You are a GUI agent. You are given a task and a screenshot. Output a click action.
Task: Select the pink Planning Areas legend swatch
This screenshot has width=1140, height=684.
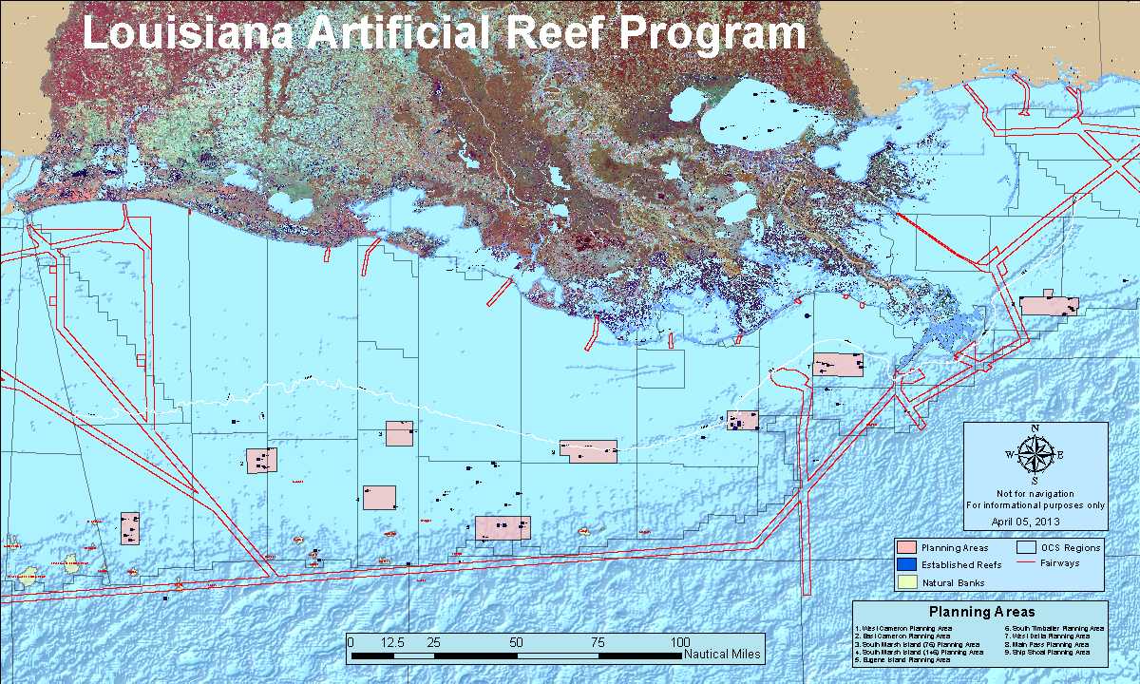point(906,547)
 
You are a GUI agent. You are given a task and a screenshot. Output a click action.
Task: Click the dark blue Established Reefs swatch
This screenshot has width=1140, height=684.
point(906,564)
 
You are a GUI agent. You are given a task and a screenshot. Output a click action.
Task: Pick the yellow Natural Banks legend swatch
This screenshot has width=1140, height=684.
point(906,581)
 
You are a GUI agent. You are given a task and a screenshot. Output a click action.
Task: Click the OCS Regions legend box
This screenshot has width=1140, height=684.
point(1025,547)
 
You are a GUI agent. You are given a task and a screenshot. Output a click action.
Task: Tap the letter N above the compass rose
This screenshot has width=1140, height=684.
point(1035,428)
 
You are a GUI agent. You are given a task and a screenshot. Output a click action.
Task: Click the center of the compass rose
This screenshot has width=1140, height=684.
point(1035,455)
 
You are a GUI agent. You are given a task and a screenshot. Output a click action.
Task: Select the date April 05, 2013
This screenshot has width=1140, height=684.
point(1034,521)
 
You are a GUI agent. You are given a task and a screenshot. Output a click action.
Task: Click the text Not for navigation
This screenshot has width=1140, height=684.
point(1035,494)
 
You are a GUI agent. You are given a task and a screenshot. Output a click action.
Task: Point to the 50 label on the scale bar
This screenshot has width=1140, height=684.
point(516,642)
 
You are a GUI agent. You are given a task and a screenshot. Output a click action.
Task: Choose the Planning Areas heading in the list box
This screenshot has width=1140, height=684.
point(981,612)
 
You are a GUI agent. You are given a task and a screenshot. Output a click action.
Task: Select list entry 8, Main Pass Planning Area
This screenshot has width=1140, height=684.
point(1048,644)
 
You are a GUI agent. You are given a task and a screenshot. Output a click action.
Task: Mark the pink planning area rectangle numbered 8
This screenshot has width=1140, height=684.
point(1049,305)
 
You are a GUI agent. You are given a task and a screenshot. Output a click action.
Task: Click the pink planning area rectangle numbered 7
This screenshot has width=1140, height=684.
point(838,365)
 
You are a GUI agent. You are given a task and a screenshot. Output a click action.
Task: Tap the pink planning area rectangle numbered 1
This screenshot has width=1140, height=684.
point(130,528)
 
